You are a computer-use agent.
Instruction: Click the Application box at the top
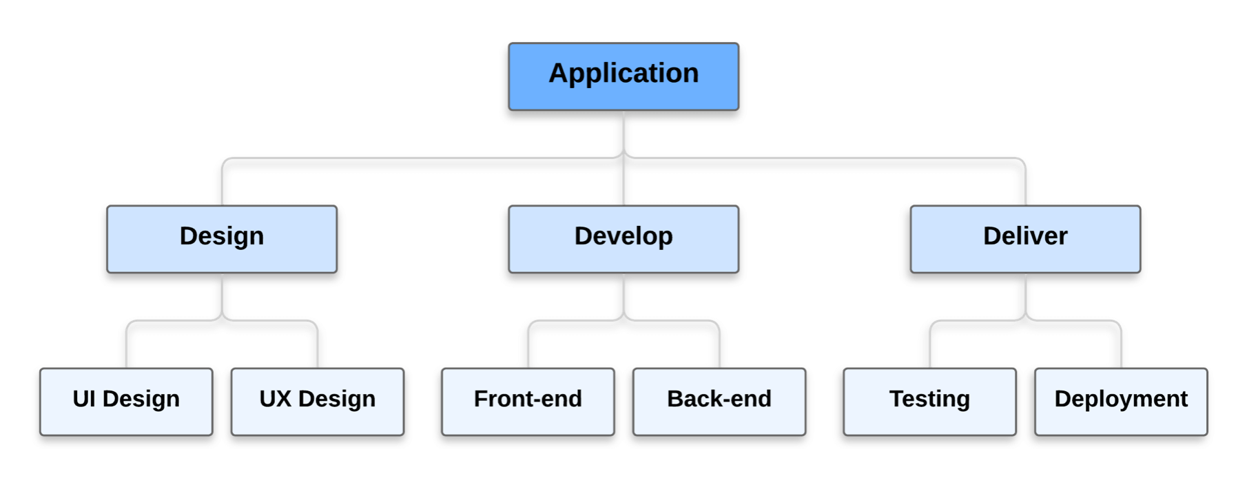tap(623, 76)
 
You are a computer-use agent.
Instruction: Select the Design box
tap(222, 239)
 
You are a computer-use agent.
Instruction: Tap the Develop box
tap(623, 239)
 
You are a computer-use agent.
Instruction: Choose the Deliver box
tap(1025, 239)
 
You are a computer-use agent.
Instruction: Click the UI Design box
tap(126, 402)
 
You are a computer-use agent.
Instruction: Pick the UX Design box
tap(318, 402)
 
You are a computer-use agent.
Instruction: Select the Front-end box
tap(528, 402)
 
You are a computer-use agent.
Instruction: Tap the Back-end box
tap(719, 402)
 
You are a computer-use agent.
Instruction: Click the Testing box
tap(929, 402)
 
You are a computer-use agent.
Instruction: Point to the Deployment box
tap(1121, 402)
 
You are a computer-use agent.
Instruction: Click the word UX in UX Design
tap(275, 399)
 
